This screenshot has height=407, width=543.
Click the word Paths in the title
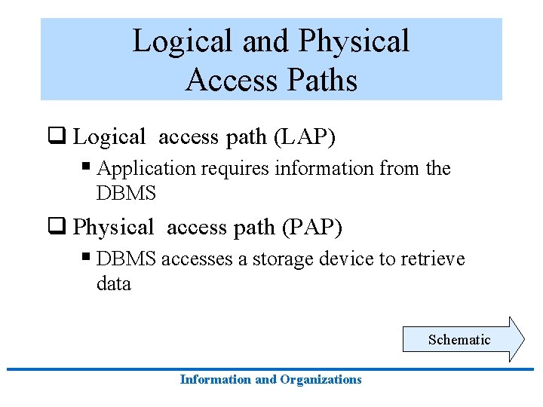click(319, 79)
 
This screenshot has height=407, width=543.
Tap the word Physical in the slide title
click(354, 41)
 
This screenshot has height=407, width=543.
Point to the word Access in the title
click(230, 79)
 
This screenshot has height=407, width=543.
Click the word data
click(114, 284)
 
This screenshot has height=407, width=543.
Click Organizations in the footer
click(321, 380)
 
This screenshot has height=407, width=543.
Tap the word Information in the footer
click(216, 380)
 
